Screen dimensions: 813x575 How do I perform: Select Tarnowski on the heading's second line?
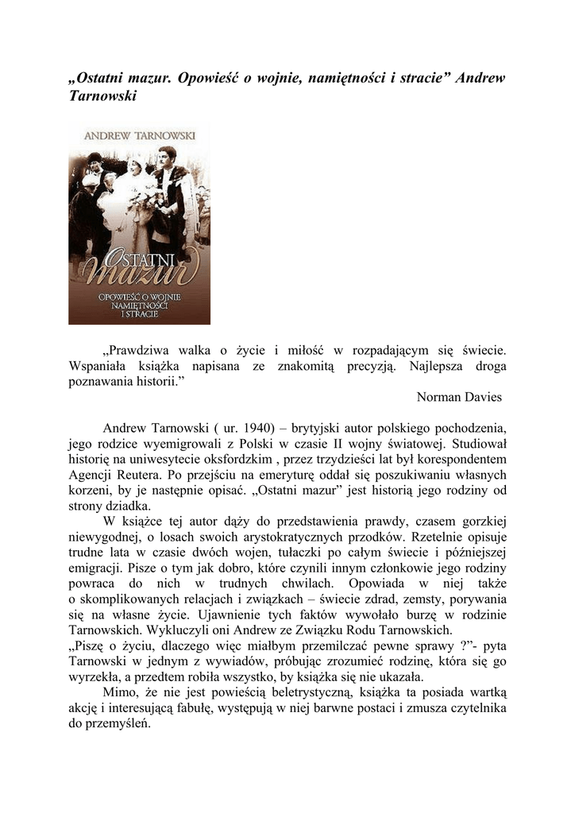coord(103,96)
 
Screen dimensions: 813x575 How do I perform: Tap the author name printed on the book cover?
coord(139,136)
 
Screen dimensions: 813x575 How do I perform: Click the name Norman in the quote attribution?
coord(441,396)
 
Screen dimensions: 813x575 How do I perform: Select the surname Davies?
coord(484,396)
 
